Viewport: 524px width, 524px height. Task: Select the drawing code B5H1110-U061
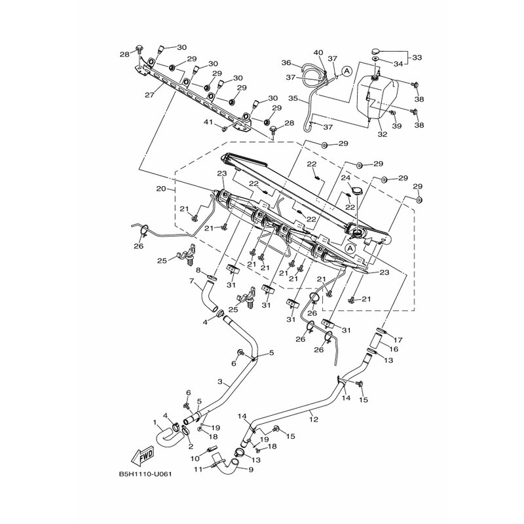click(x=145, y=474)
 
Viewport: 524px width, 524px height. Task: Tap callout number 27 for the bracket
click(x=149, y=95)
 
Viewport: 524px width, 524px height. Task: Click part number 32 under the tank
click(x=383, y=134)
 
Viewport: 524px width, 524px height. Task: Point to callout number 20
click(x=161, y=189)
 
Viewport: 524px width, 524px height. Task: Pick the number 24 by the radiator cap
click(x=346, y=178)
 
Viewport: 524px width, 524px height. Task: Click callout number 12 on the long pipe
click(x=314, y=419)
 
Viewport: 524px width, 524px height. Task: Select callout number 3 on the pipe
click(x=219, y=381)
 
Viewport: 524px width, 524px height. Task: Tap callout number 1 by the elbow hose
click(x=155, y=422)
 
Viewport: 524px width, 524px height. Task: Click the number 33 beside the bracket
click(x=417, y=58)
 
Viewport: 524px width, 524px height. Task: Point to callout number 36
click(x=286, y=62)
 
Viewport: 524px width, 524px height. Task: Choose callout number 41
click(x=208, y=122)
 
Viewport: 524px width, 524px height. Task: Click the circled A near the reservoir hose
click(x=347, y=71)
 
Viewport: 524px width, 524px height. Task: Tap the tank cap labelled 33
click(x=376, y=52)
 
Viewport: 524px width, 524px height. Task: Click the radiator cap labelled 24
click(x=356, y=191)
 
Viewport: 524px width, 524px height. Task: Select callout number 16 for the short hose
click(x=394, y=349)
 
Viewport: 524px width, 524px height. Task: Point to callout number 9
click(x=251, y=470)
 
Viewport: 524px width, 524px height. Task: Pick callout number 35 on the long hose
click(x=293, y=99)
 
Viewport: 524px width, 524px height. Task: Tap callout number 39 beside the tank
click(x=398, y=126)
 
